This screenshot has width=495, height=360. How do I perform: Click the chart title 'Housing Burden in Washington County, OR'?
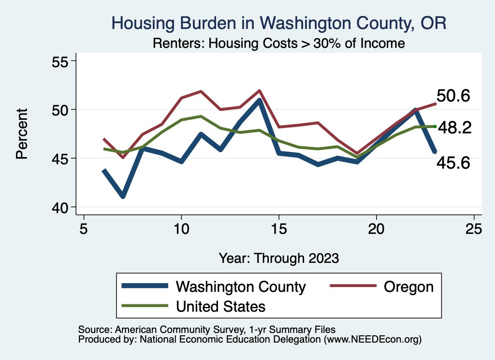279,23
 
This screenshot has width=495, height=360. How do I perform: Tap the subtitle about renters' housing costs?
278,43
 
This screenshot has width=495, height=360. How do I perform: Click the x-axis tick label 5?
84,229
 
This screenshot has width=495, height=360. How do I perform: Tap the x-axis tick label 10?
181,229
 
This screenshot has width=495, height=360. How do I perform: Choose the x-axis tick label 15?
279,229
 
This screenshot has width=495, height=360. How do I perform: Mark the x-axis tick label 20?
377,229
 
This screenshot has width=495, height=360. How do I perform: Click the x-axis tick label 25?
474,229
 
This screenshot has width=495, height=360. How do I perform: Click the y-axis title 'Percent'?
21,134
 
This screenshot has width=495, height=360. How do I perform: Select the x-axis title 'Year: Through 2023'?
278,258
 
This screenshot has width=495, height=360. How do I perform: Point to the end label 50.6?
453,96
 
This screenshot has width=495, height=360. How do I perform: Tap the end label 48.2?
454,128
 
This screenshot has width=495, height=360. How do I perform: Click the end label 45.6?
453,163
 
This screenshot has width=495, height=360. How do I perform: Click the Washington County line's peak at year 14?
260,101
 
